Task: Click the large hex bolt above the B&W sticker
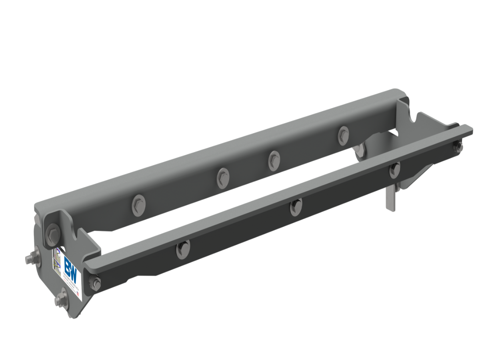(x=52, y=234)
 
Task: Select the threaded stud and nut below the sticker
(x=61, y=298)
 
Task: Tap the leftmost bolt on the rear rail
(x=138, y=204)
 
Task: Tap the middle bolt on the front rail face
(x=296, y=206)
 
